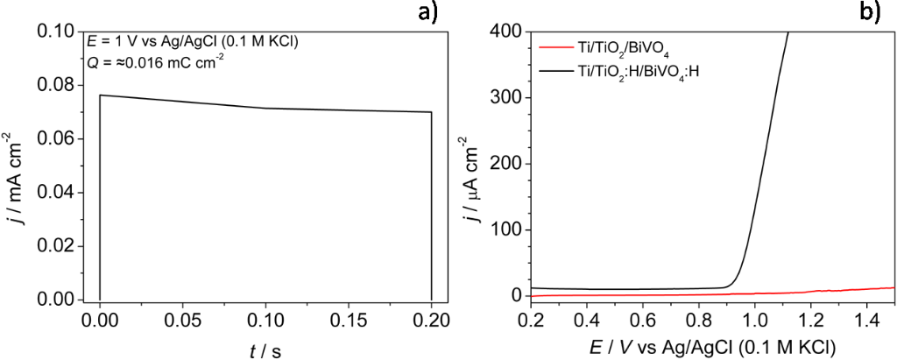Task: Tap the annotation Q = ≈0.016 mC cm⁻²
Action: (156, 60)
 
